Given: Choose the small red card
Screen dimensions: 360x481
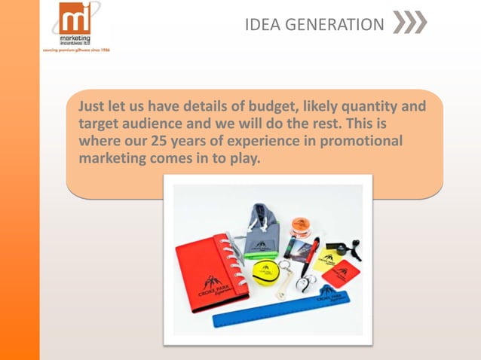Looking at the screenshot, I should (x=342, y=272).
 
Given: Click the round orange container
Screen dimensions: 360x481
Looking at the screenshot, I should (x=301, y=225).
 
